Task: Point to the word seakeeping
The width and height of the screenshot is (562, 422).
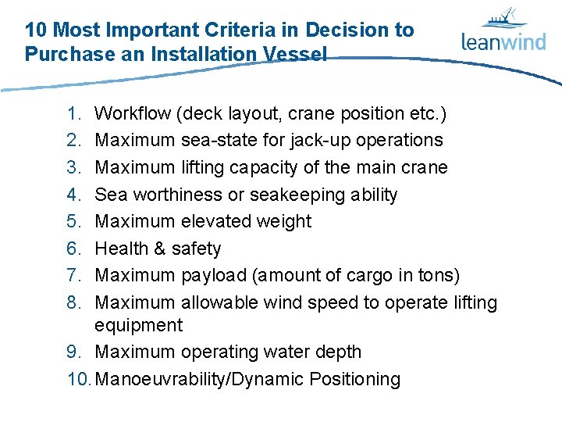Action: [301, 195]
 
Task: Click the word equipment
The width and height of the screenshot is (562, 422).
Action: [138, 325]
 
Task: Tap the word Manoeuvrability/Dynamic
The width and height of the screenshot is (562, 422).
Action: [199, 380]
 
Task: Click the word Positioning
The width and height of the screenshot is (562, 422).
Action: [355, 380]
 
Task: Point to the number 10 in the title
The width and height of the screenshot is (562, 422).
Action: [35, 30]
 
